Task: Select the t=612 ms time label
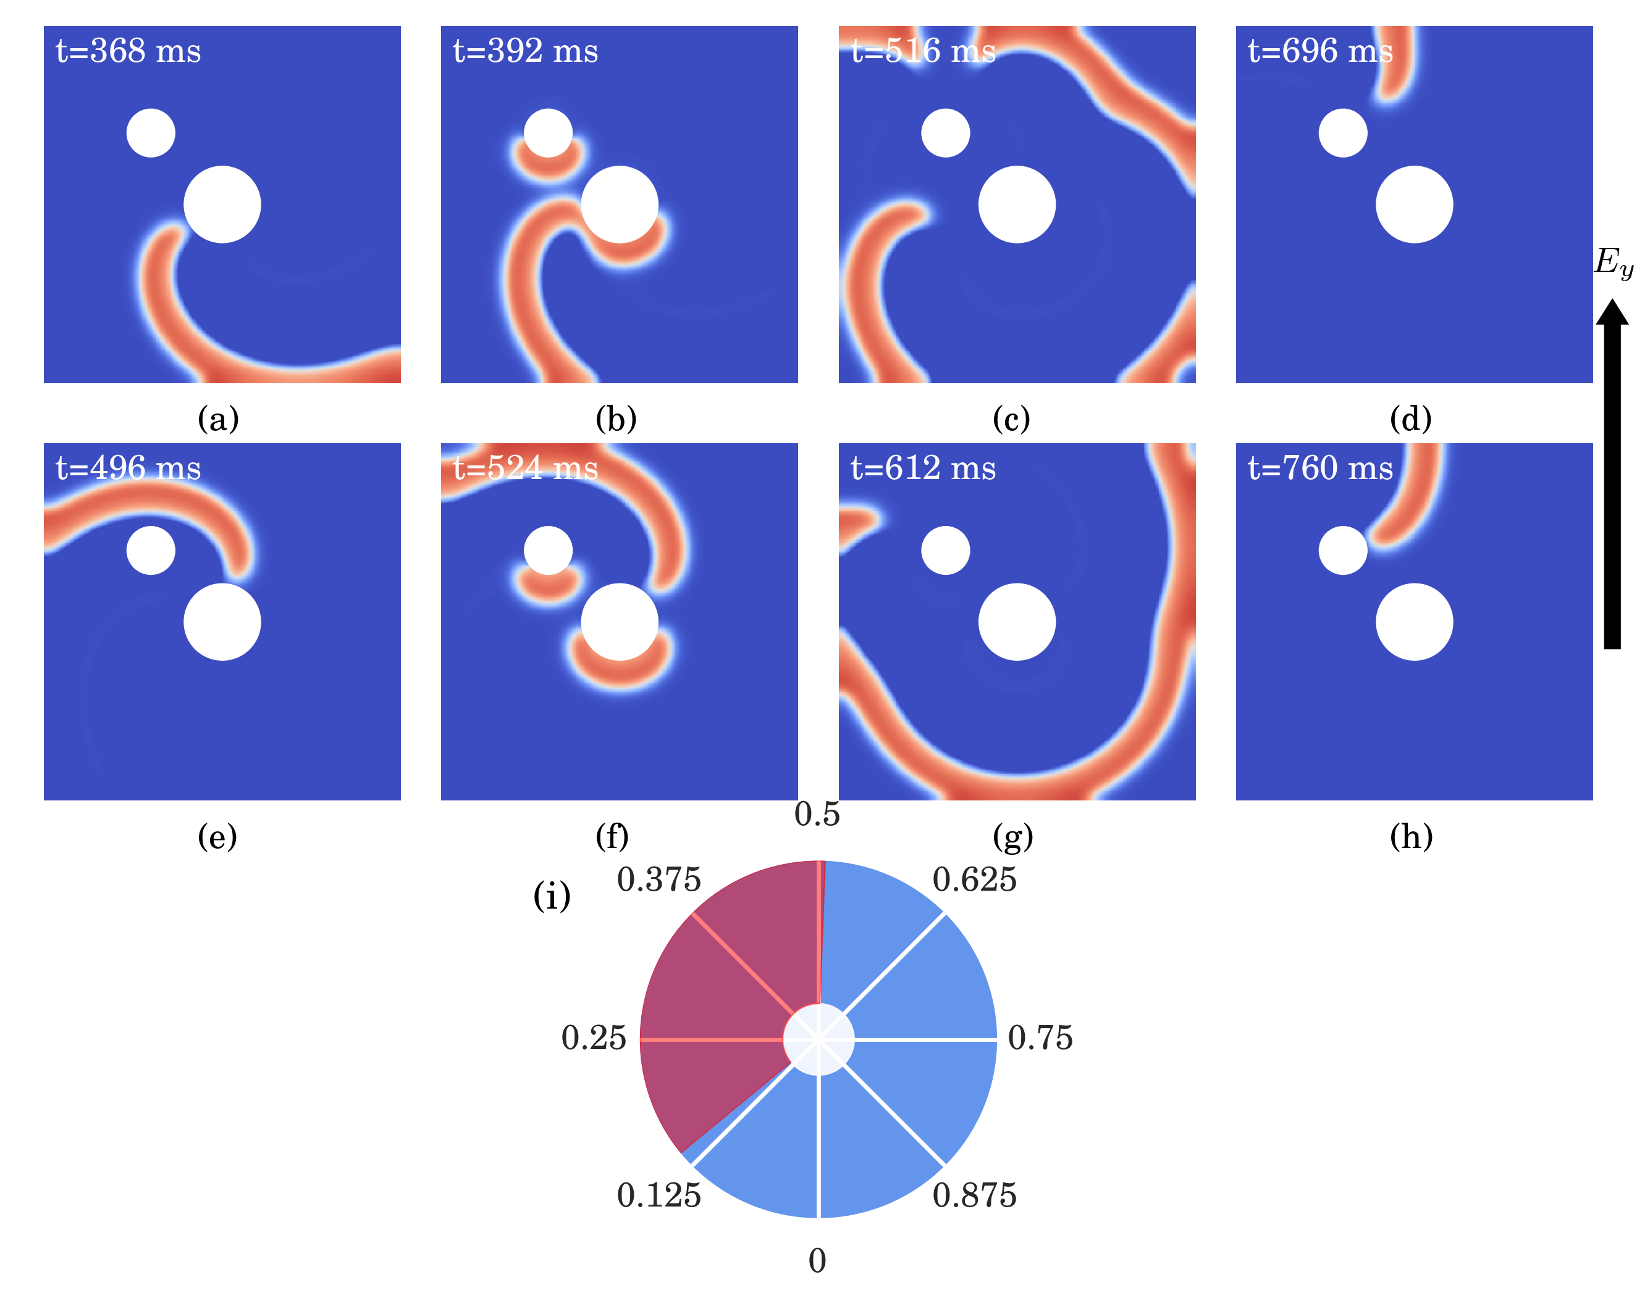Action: point(922,469)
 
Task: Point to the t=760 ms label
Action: point(1319,469)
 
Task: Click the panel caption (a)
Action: point(218,418)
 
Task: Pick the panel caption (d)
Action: point(1410,418)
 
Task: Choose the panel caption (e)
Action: point(217,836)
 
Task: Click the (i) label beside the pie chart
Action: point(552,896)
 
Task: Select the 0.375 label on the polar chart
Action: point(659,880)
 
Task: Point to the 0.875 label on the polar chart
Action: point(974,1195)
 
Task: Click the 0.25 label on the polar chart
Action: point(594,1038)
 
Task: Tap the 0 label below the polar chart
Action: point(817,1261)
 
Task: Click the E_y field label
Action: point(1613,263)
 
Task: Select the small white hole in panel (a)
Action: point(151,133)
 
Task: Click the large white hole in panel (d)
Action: point(1414,205)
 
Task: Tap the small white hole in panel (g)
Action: point(945,550)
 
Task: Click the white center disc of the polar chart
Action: point(818,1039)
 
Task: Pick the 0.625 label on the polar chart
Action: point(974,880)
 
